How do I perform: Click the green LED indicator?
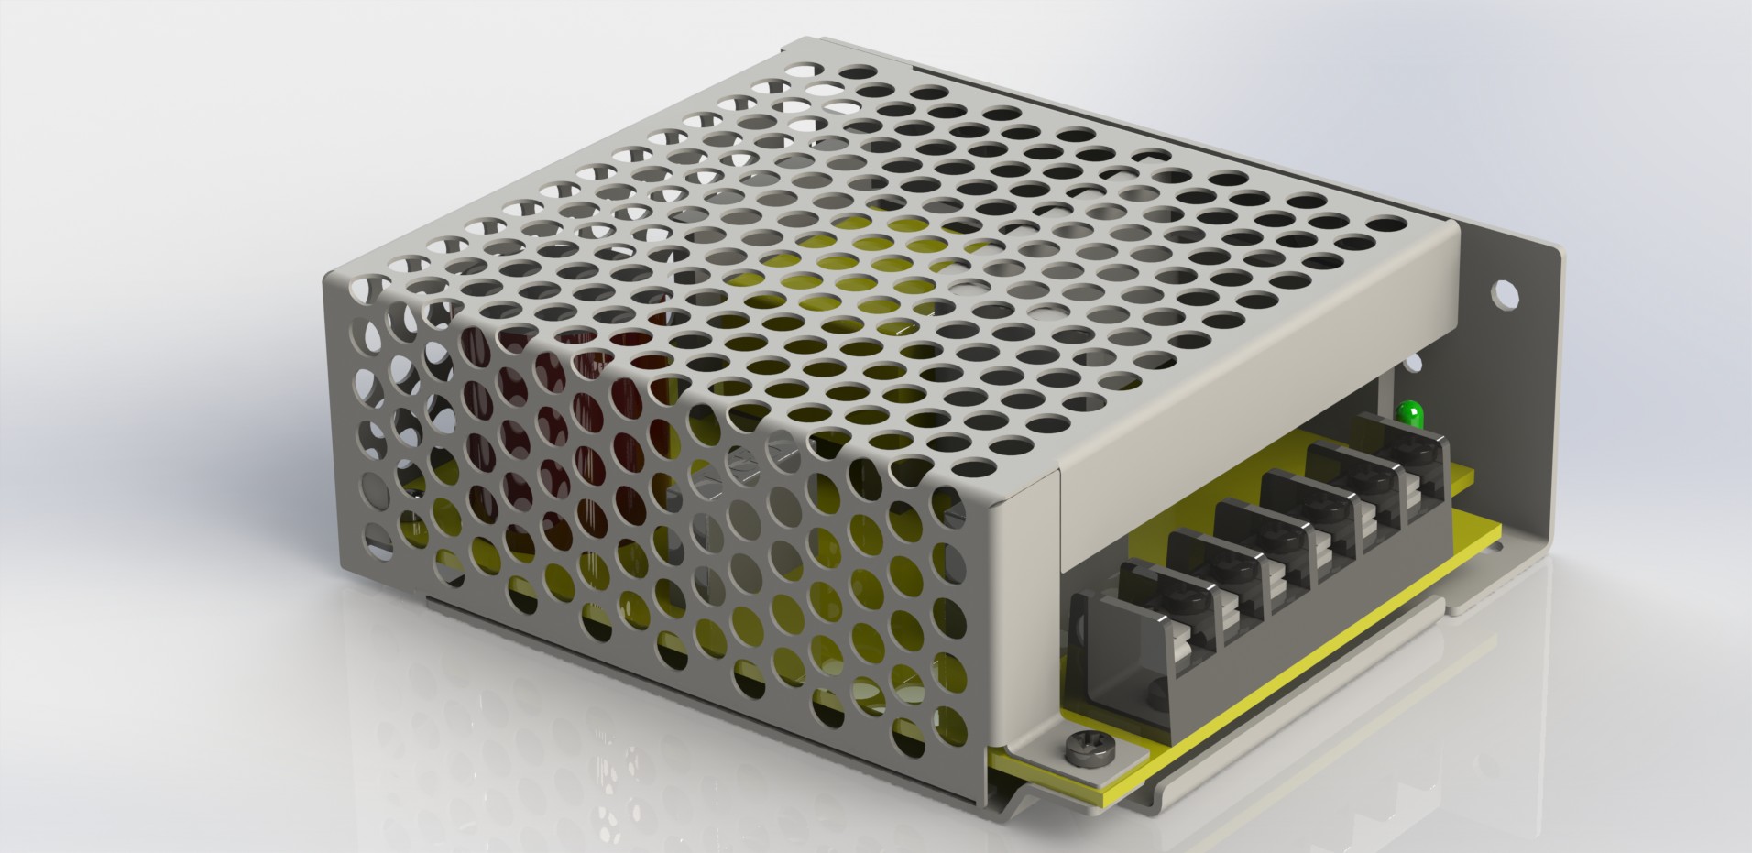click(x=1409, y=413)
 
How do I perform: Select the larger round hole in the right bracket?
click(x=1505, y=293)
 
